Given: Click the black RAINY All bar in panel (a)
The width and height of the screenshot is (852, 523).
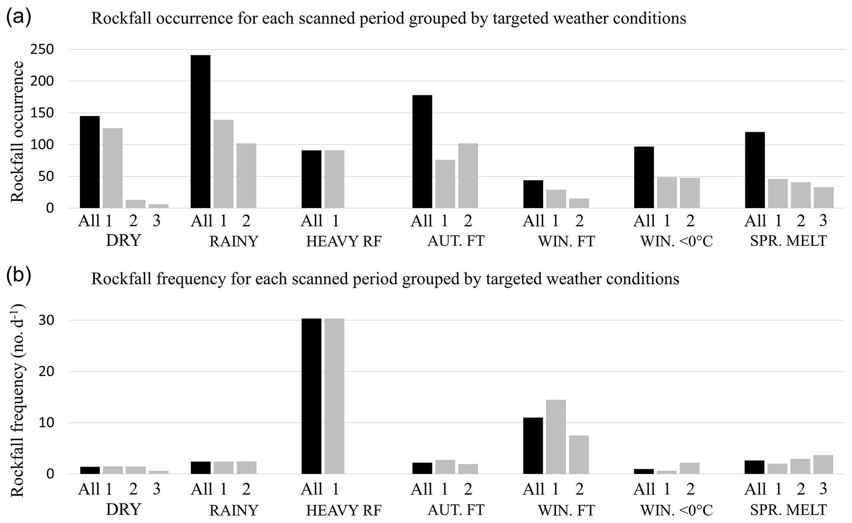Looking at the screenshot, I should tap(200, 132).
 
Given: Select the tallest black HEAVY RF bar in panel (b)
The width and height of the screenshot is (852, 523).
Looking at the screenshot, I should tap(311, 396).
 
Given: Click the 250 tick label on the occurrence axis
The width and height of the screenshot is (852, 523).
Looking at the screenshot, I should tap(42, 50).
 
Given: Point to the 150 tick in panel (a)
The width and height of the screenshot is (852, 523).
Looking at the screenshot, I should tap(42, 113).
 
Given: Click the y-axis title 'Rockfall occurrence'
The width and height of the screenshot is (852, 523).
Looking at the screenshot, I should tap(17, 132).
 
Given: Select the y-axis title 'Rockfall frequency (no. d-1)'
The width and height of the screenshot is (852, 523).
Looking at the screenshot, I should tap(17, 400).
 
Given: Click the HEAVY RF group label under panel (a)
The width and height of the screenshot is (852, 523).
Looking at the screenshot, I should tap(344, 241).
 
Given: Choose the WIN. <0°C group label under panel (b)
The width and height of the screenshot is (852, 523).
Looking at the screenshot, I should tap(676, 510).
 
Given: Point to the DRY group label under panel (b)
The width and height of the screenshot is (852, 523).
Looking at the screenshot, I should tap(123, 510).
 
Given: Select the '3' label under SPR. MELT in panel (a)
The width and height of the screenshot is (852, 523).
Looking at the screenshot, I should tap(823, 221).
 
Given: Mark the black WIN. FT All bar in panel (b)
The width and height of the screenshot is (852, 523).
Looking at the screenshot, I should tap(533, 445).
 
